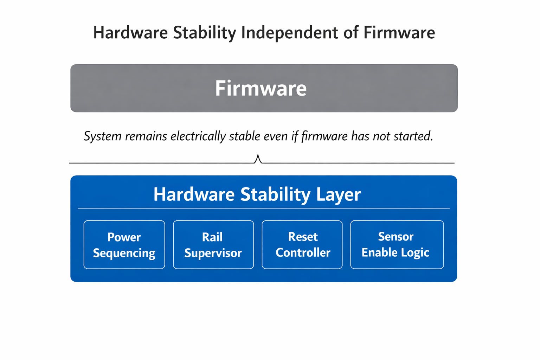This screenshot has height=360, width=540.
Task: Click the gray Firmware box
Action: click(x=264, y=88)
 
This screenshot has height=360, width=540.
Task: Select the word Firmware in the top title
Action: click(x=399, y=33)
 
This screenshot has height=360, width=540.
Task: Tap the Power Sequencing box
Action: click(x=124, y=245)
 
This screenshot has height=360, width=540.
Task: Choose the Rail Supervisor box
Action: click(x=213, y=245)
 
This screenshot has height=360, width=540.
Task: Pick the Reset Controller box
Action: click(x=302, y=245)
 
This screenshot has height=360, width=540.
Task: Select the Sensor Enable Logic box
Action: click(x=397, y=245)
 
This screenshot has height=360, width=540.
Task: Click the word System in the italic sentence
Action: click(x=102, y=136)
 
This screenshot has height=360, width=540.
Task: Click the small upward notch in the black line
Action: click(x=258, y=159)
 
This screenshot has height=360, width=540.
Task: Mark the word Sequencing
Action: click(x=124, y=253)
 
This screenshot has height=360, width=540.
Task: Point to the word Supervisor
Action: click(x=213, y=253)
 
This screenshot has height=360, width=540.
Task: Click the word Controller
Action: click(x=303, y=252)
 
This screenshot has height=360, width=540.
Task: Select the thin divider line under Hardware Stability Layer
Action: click(x=264, y=208)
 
